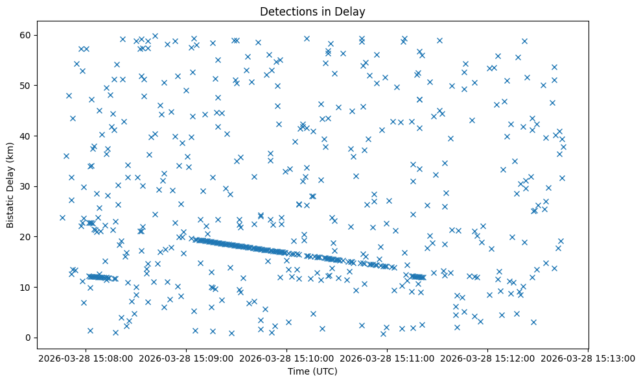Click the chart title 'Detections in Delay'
[x=312, y=11]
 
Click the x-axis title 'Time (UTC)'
[x=312, y=371]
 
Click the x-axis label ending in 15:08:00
[x=86, y=357]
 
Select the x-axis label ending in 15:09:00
[x=186, y=357]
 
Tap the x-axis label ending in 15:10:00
[x=286, y=357]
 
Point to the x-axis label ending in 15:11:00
[x=387, y=357]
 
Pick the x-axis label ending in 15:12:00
[x=487, y=357]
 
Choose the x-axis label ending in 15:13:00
[x=588, y=357]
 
